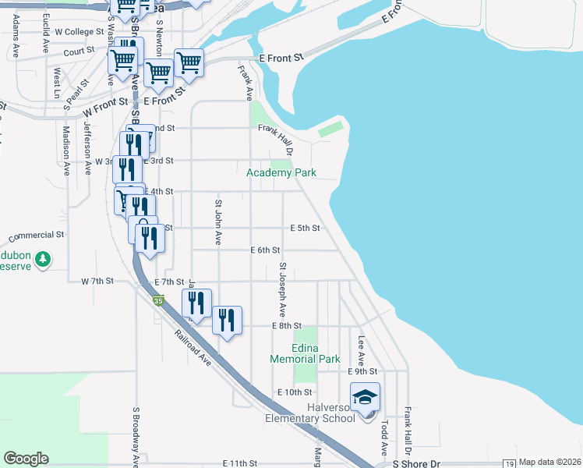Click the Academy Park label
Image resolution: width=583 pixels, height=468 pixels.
coord(281,172)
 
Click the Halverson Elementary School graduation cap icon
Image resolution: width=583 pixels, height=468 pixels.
coord(365,398)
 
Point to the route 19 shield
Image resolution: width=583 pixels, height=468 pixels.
coord(509,463)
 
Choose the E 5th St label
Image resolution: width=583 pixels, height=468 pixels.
coord(305,229)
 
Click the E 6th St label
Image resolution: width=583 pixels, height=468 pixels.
coord(265,250)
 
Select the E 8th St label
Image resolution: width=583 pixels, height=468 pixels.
coord(286,325)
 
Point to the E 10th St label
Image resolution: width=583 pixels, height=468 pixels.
coord(295,392)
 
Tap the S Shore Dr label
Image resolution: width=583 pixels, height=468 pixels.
coord(416,463)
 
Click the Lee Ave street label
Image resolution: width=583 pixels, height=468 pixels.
coord(362,350)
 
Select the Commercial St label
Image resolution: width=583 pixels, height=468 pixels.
coord(36,234)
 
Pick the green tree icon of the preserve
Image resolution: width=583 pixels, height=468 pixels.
coord(44,258)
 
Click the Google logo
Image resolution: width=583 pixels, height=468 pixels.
coord(26,459)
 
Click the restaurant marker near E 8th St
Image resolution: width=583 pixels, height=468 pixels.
coord(227,320)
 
